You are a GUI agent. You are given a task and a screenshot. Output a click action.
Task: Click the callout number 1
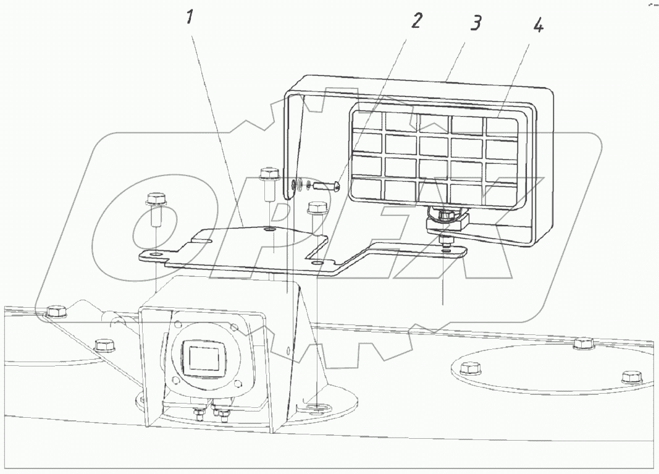click(x=190, y=17)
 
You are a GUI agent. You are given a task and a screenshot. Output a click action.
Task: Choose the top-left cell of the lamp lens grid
click(x=368, y=121)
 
